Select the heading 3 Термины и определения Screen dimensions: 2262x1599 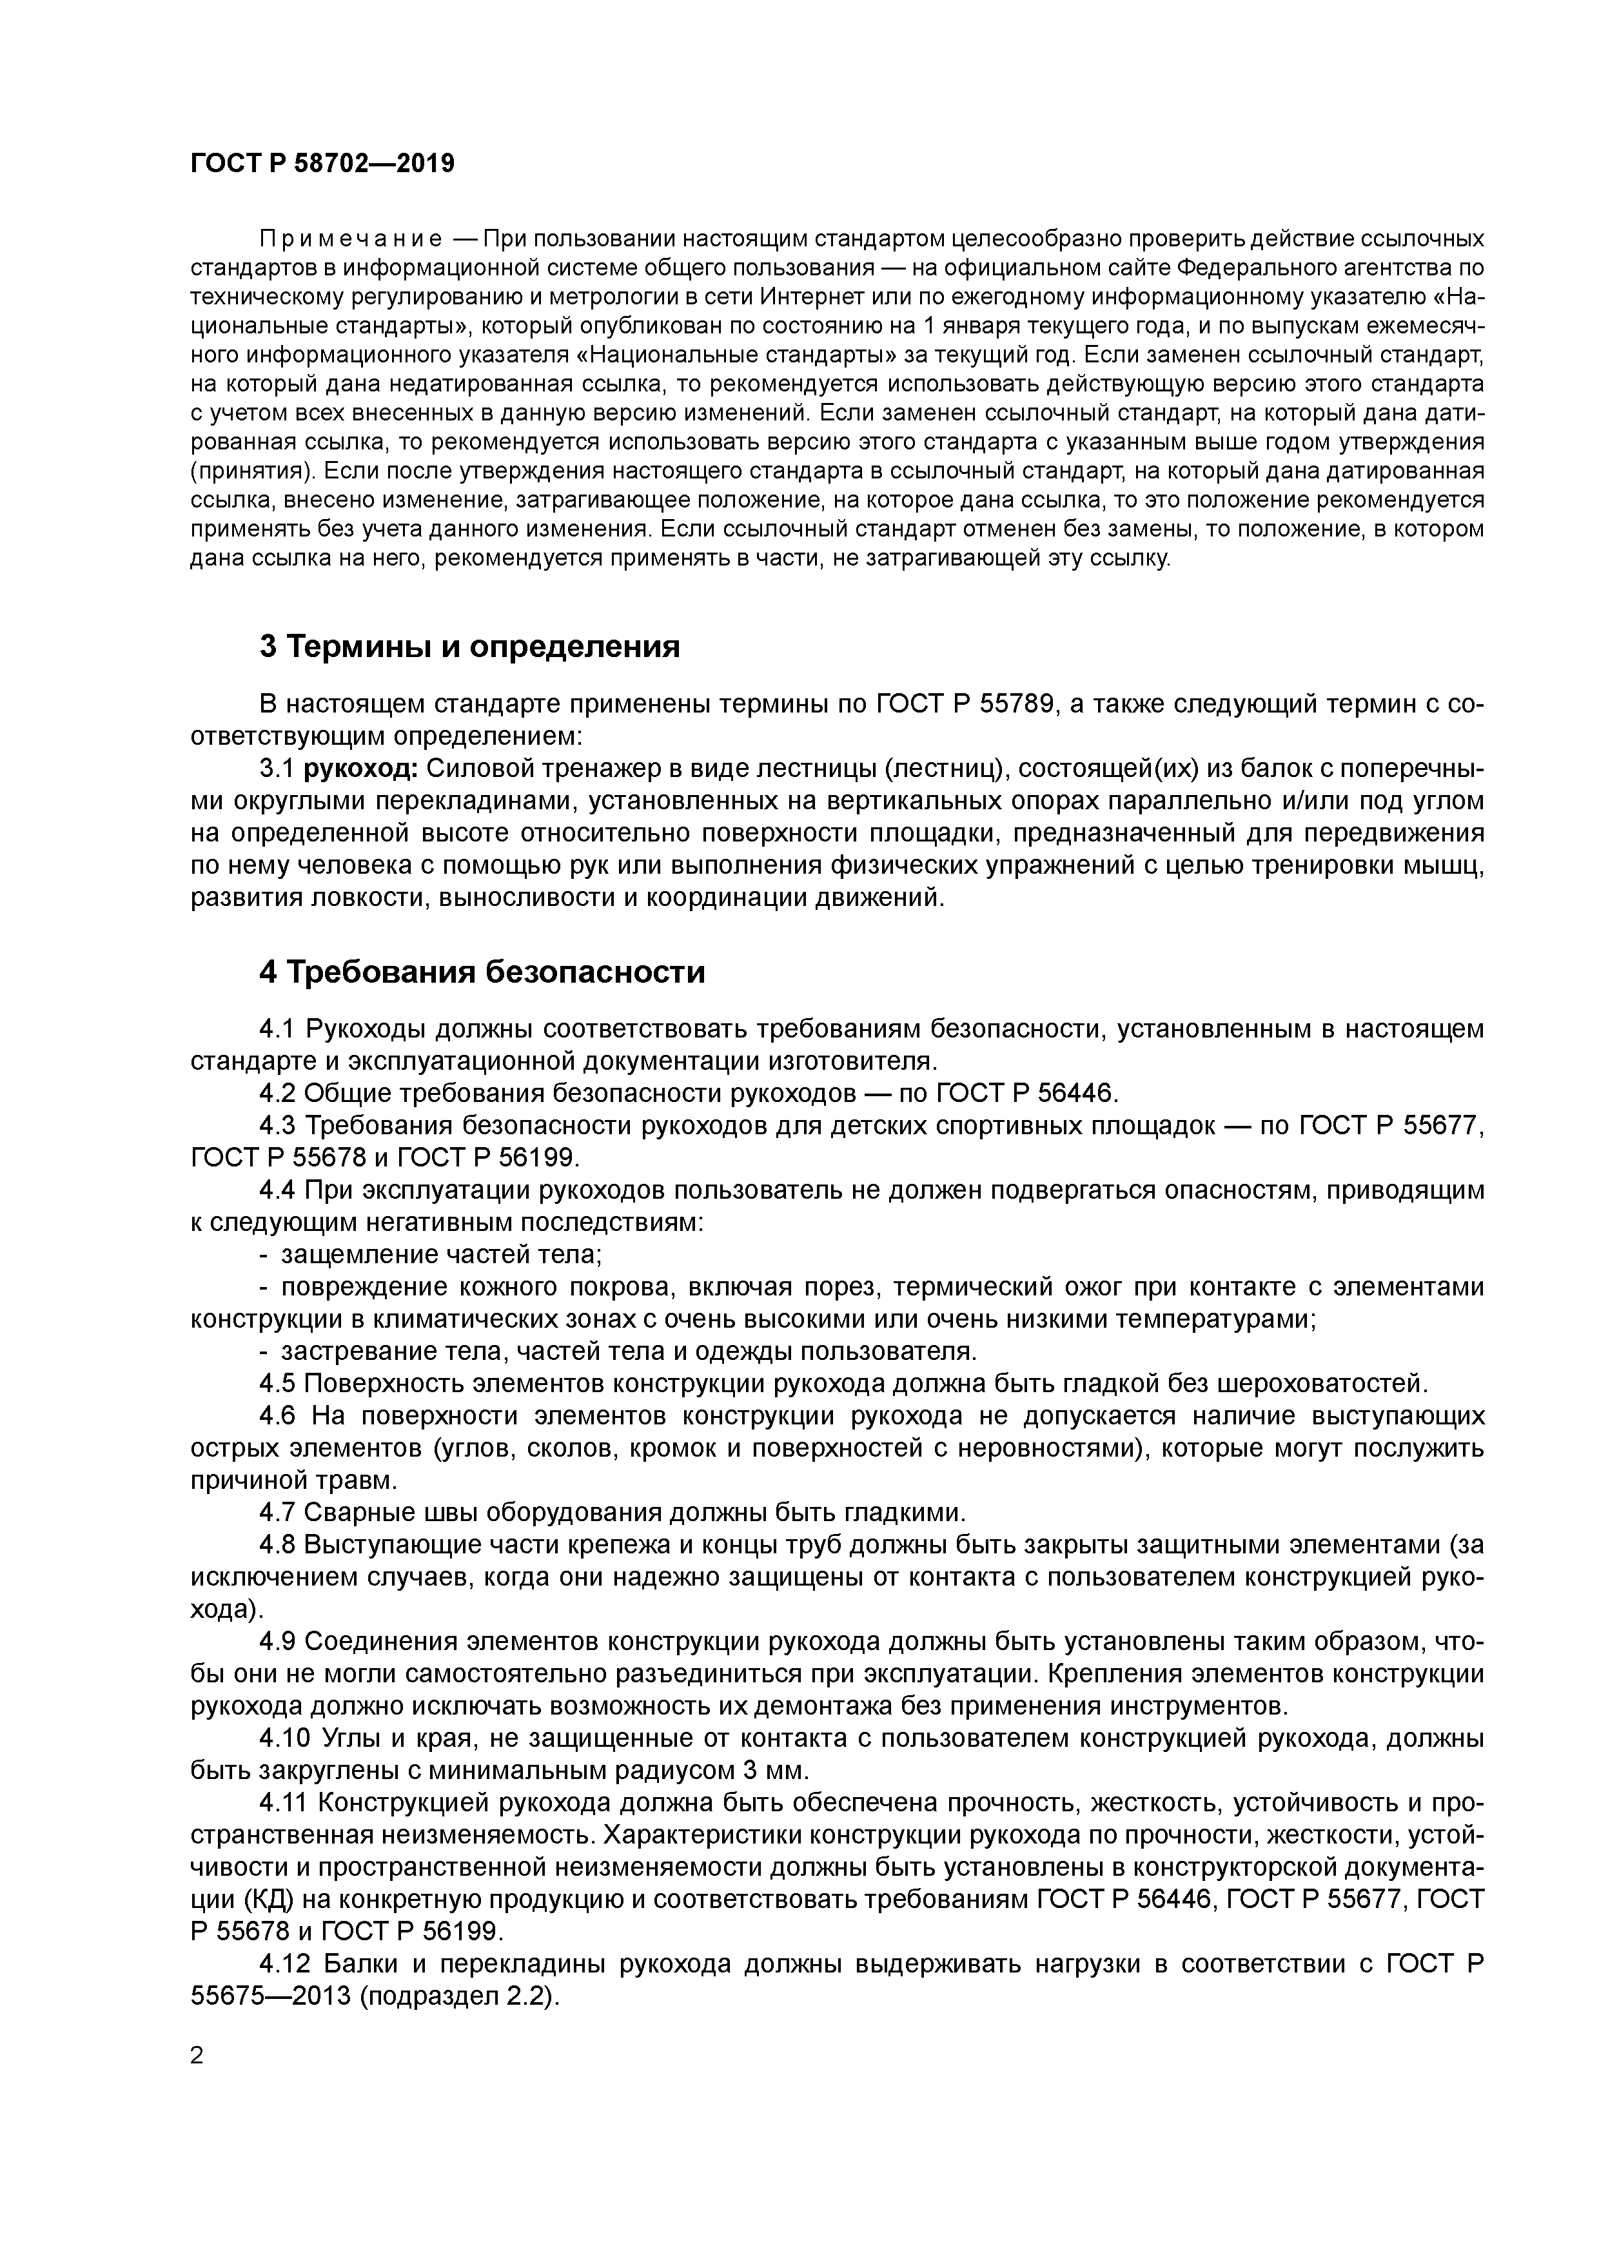[x=470, y=646]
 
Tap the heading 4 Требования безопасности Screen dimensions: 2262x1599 [x=482, y=972]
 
